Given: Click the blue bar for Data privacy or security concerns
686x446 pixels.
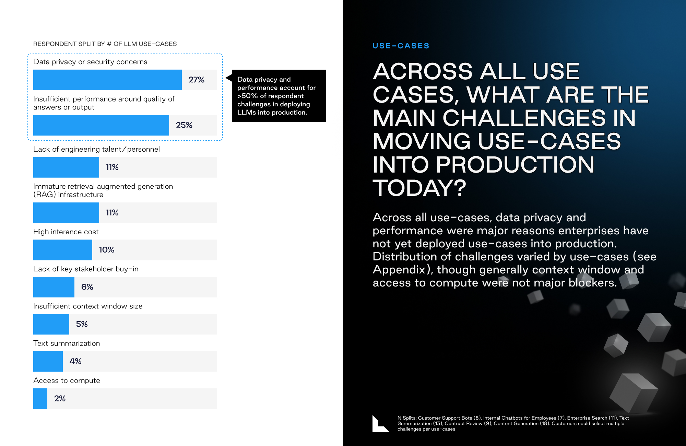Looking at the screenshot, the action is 107,80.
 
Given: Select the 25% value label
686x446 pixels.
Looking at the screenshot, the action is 184,125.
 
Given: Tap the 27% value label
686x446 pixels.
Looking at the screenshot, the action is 197,80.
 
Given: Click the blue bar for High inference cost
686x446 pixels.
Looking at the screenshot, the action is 63,250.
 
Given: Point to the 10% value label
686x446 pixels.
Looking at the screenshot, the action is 107,250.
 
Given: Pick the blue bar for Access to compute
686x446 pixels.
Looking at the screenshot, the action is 40,399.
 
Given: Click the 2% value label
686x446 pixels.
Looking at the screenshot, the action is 60,398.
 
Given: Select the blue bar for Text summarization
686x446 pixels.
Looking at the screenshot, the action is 48,361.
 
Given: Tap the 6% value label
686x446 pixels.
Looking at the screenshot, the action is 87,287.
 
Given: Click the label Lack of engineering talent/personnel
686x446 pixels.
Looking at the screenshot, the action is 96,149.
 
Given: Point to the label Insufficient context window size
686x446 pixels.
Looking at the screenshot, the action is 88,306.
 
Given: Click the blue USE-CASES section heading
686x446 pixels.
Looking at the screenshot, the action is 401,46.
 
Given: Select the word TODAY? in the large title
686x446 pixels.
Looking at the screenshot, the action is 419,188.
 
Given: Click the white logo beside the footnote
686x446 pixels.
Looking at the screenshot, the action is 380,424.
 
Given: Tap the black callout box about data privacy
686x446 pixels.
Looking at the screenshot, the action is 279,96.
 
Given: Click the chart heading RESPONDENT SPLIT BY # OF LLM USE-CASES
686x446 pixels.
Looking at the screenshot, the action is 105,44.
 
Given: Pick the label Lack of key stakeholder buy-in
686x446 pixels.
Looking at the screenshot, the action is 86,269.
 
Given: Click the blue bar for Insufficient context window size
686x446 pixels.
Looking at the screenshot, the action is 51,324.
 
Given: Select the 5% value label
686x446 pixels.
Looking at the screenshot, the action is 82,324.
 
